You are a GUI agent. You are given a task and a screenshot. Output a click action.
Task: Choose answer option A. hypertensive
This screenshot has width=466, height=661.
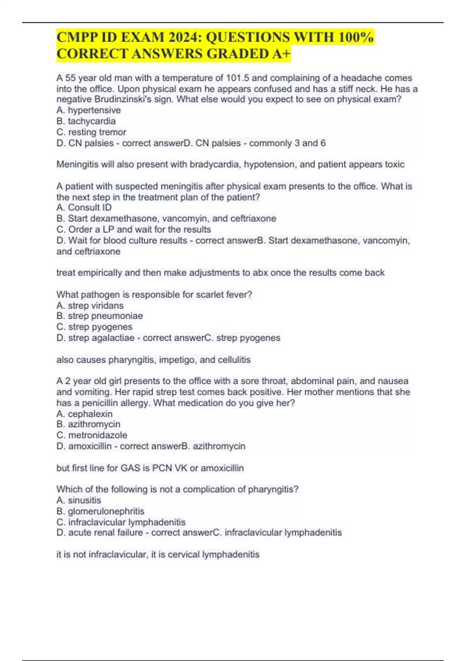[89, 110]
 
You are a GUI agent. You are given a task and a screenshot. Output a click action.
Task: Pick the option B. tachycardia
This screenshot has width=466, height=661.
[86, 121]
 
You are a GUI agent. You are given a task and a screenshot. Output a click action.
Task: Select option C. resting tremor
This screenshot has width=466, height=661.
[91, 132]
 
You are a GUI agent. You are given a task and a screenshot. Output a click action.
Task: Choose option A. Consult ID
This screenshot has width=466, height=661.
[84, 208]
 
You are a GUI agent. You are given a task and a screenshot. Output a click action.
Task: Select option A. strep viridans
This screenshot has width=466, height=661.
[90, 306]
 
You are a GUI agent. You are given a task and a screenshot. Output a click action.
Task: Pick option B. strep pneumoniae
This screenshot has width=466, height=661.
[99, 316]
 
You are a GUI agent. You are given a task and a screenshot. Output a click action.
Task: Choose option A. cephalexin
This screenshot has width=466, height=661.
[85, 414]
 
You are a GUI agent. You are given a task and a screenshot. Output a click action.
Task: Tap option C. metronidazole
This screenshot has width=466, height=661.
[92, 435]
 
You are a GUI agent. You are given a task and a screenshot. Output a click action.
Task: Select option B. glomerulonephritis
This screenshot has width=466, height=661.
[100, 511]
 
